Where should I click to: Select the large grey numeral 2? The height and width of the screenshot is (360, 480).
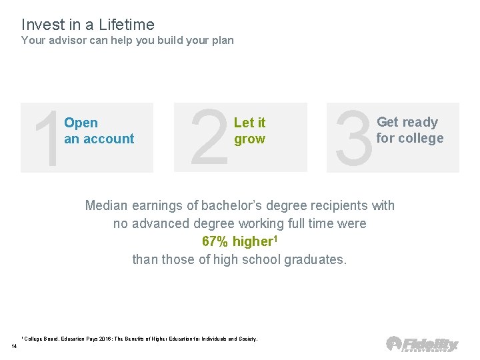pos(209,138)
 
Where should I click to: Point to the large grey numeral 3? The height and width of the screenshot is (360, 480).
pos(353,138)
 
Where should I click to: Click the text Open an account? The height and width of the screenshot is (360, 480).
pos(99,131)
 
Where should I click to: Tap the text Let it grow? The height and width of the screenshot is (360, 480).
pos(249,131)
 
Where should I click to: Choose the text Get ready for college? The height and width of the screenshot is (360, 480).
pos(409,130)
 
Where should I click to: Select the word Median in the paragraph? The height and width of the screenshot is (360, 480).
pos(107,205)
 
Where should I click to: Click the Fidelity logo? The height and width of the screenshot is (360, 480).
pos(423,343)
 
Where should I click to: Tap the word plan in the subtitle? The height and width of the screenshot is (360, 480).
pos(221,40)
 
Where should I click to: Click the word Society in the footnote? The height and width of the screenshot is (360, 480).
pos(245,339)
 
